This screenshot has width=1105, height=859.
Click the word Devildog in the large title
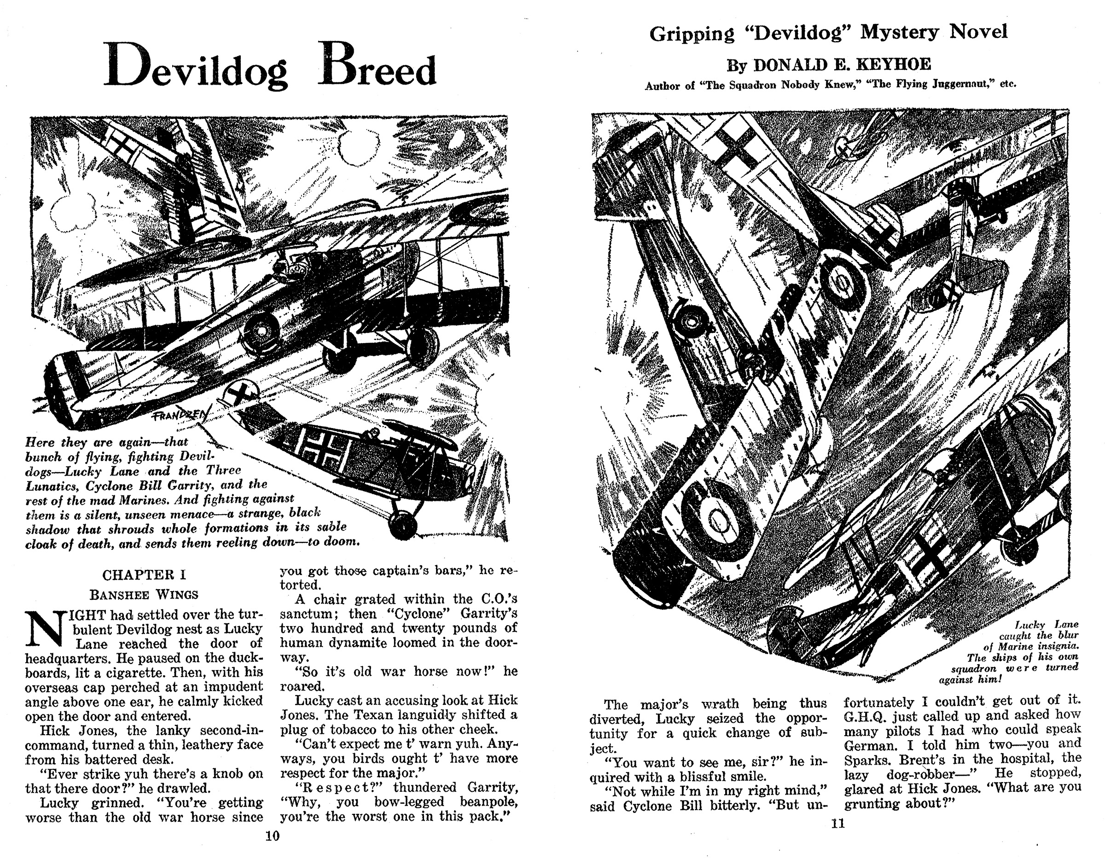point(196,71)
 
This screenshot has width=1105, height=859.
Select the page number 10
point(272,836)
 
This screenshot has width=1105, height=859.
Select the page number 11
point(838,824)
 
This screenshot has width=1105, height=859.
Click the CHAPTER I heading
point(144,575)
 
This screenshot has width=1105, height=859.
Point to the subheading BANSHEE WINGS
point(144,594)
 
